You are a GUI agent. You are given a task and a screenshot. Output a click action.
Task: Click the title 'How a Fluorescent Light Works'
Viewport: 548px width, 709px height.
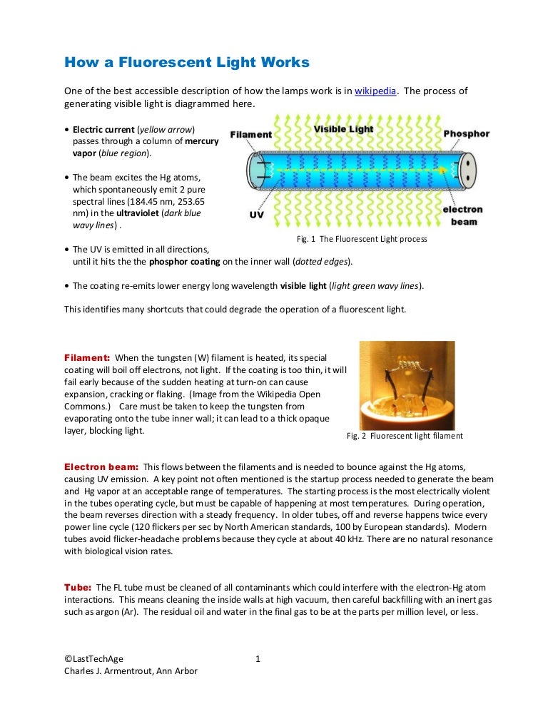tap(187, 63)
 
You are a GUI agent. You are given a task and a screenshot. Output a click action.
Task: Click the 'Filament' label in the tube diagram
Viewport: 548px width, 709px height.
tap(251, 134)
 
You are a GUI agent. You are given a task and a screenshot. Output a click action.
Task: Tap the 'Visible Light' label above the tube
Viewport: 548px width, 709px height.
tap(345, 129)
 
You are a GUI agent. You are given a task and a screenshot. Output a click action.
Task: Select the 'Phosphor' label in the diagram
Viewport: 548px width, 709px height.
tap(466, 134)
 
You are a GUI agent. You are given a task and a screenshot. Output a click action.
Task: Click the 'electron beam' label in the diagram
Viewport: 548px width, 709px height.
tap(462, 215)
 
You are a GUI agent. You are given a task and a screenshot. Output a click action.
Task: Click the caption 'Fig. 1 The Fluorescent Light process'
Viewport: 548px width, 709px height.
tap(362, 239)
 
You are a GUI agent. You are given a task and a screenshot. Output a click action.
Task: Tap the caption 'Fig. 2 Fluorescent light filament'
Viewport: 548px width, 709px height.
tap(405, 436)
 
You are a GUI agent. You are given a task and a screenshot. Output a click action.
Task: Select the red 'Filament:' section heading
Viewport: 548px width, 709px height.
tap(87, 357)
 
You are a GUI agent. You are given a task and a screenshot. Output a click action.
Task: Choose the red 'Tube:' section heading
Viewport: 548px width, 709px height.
tap(78, 586)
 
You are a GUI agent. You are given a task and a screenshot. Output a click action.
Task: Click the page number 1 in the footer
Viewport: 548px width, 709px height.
tap(258, 659)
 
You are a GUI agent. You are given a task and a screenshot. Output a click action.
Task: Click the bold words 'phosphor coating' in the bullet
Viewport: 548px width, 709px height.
tap(185, 262)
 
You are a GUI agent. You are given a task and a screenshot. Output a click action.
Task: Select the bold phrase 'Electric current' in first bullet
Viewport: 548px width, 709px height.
tap(103, 129)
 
